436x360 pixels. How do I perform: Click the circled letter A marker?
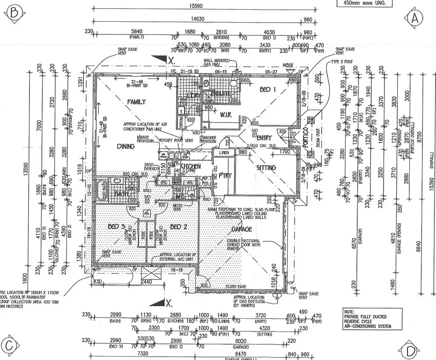[x=416, y=18]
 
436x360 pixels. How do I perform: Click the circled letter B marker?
[x=14, y=14]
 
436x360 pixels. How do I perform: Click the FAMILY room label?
[x=136, y=102]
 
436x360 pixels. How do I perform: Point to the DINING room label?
[x=126, y=146]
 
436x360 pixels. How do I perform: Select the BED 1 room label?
[x=268, y=89]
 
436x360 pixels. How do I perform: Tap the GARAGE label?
[x=242, y=229]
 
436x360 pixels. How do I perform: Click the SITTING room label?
[x=266, y=167]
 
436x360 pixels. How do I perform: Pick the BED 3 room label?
[x=116, y=227]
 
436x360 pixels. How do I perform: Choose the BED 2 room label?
[x=179, y=227]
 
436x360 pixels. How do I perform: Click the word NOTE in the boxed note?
[x=350, y=312]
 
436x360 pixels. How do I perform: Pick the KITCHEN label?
[x=190, y=166]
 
